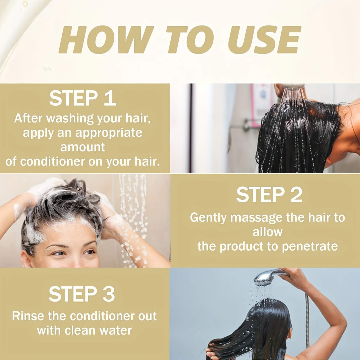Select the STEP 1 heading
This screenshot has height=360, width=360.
click(x=83, y=98)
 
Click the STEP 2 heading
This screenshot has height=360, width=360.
click(x=269, y=195)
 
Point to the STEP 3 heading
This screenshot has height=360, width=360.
click(x=82, y=294)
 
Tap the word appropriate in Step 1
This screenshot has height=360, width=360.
click(x=109, y=133)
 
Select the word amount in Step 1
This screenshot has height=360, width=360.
click(x=83, y=147)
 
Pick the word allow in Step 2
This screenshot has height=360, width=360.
click(x=268, y=232)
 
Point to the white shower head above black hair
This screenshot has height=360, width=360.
click(x=293, y=86)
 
